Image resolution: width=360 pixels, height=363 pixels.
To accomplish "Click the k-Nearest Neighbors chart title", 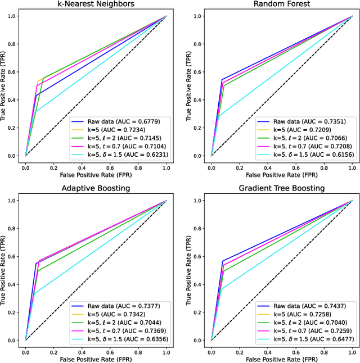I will pos(96,5).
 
